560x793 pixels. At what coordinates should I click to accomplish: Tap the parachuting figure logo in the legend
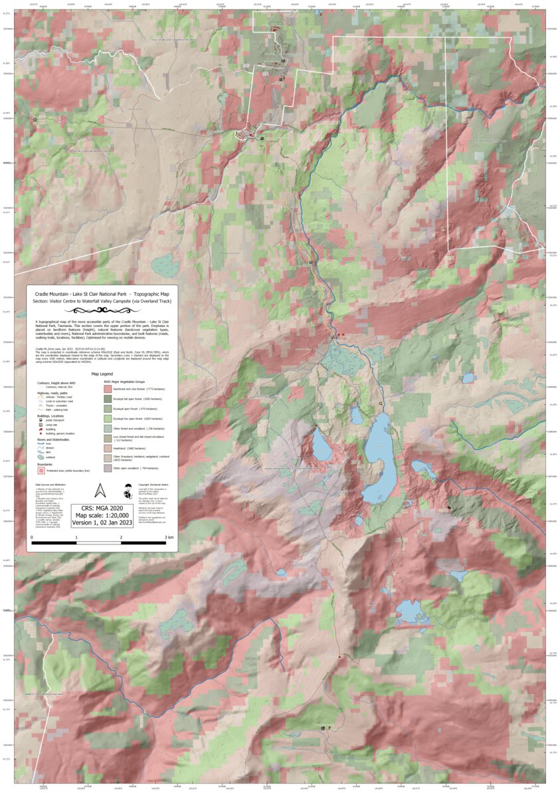pyautogui.click(x=126, y=492)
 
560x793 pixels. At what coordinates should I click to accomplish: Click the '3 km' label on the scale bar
pyautogui.click(x=169, y=536)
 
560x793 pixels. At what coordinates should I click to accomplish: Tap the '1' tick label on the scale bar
pyautogui.click(x=77, y=536)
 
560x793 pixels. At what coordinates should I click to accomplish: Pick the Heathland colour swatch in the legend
pyautogui.click(x=108, y=447)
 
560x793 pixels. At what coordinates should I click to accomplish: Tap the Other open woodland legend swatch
pyautogui.click(x=108, y=468)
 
